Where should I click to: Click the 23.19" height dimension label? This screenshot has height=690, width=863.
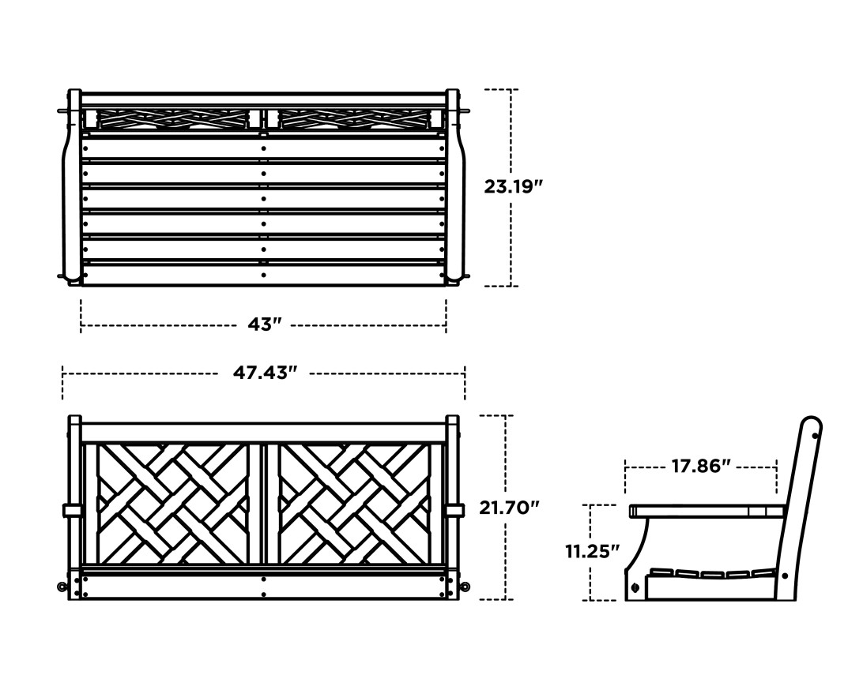point(514,187)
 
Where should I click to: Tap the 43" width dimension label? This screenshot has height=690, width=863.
point(265,324)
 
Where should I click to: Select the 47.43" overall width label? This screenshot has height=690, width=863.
point(265,373)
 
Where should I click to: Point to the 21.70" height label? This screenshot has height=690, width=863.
point(510,508)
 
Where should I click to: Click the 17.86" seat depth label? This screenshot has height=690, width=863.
point(701,466)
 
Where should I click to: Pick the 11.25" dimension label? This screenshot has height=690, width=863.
point(592,551)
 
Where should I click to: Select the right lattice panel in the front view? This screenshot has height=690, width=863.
point(355,504)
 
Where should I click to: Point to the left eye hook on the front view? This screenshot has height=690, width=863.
point(61,587)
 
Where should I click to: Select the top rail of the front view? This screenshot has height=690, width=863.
point(264,433)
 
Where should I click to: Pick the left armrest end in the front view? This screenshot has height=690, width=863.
point(72,511)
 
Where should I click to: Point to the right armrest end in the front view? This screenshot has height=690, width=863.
point(454,511)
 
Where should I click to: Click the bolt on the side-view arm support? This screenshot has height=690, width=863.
point(635,587)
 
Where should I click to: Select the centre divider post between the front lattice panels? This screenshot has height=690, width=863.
point(264,504)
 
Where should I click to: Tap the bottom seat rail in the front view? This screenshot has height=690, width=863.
point(264,586)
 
